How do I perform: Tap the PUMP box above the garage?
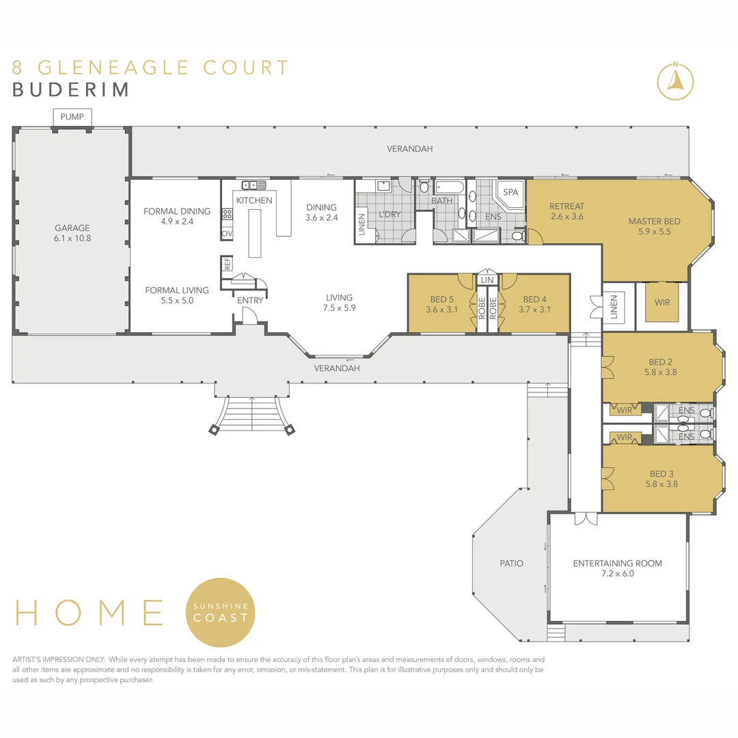point(72,118)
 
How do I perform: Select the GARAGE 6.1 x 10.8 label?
point(72,233)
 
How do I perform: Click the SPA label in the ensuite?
point(510,192)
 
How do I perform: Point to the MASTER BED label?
point(654,226)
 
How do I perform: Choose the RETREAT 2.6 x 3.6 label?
point(567,211)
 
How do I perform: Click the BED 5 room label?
point(441,304)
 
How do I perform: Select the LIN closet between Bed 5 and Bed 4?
point(487,280)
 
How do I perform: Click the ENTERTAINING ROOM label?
point(617,569)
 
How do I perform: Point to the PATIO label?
point(511,564)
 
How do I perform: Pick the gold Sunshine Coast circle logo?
point(221,612)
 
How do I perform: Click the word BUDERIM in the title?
point(71,90)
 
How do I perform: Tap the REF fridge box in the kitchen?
point(226,263)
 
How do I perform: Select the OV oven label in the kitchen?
point(226,234)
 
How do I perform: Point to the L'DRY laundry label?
point(389,215)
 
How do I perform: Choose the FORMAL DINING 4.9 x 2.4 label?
point(176,216)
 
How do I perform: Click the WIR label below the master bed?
point(661,302)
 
